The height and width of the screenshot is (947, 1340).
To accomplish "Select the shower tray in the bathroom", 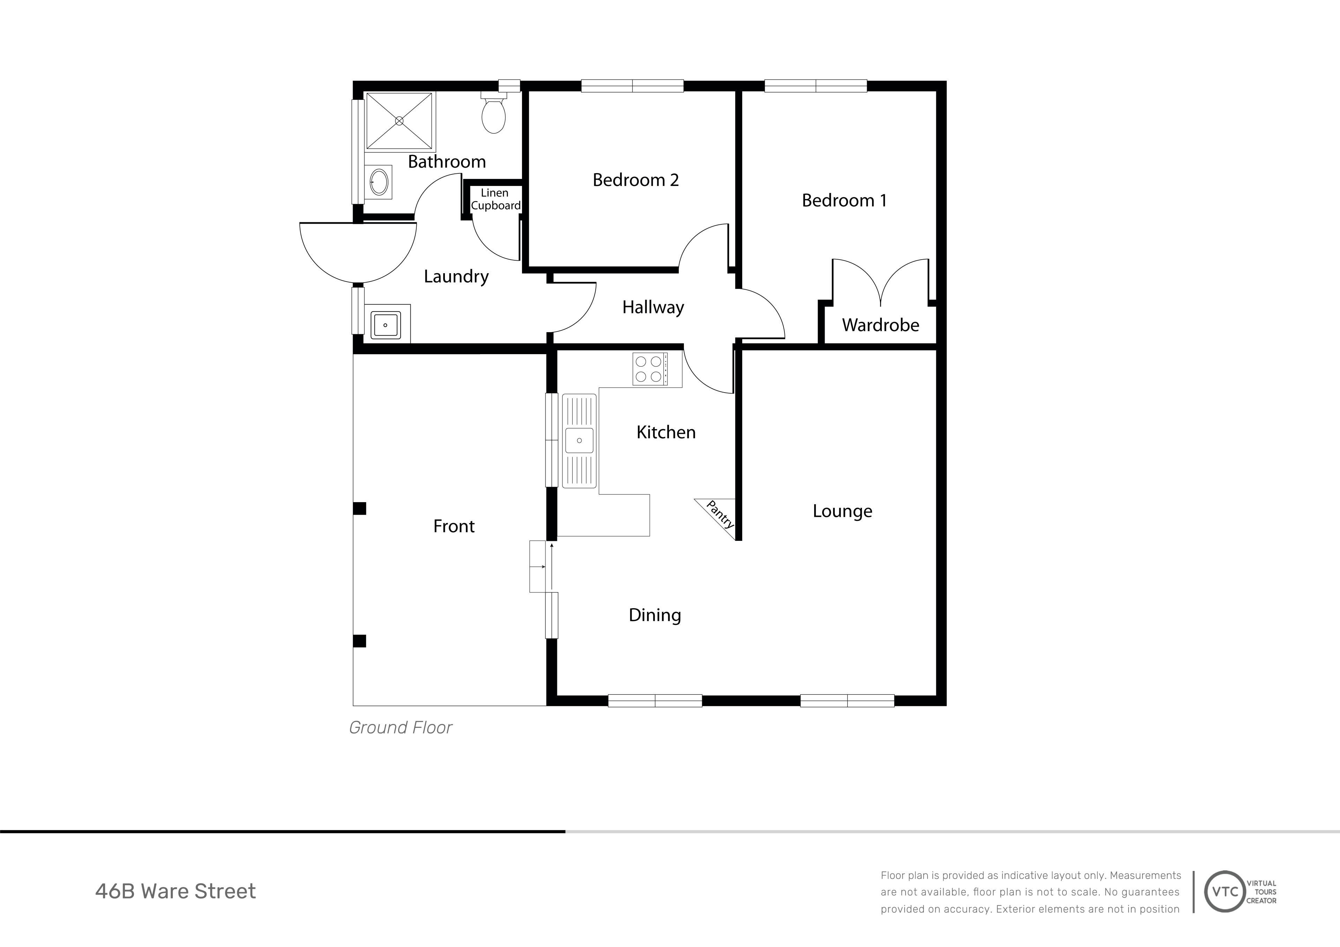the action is (400, 121).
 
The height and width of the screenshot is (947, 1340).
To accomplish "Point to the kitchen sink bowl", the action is (579, 441).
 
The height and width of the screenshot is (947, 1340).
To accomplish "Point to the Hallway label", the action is (653, 307).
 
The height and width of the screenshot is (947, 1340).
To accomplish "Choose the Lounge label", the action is (842, 511).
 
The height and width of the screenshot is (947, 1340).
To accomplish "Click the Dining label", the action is (655, 615).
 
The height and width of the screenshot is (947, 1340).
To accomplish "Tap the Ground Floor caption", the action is (400, 728).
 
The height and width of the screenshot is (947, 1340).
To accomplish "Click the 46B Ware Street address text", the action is (175, 892).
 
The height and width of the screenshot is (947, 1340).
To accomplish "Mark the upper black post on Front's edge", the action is (359, 508).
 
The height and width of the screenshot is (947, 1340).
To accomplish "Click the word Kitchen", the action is (666, 432).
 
